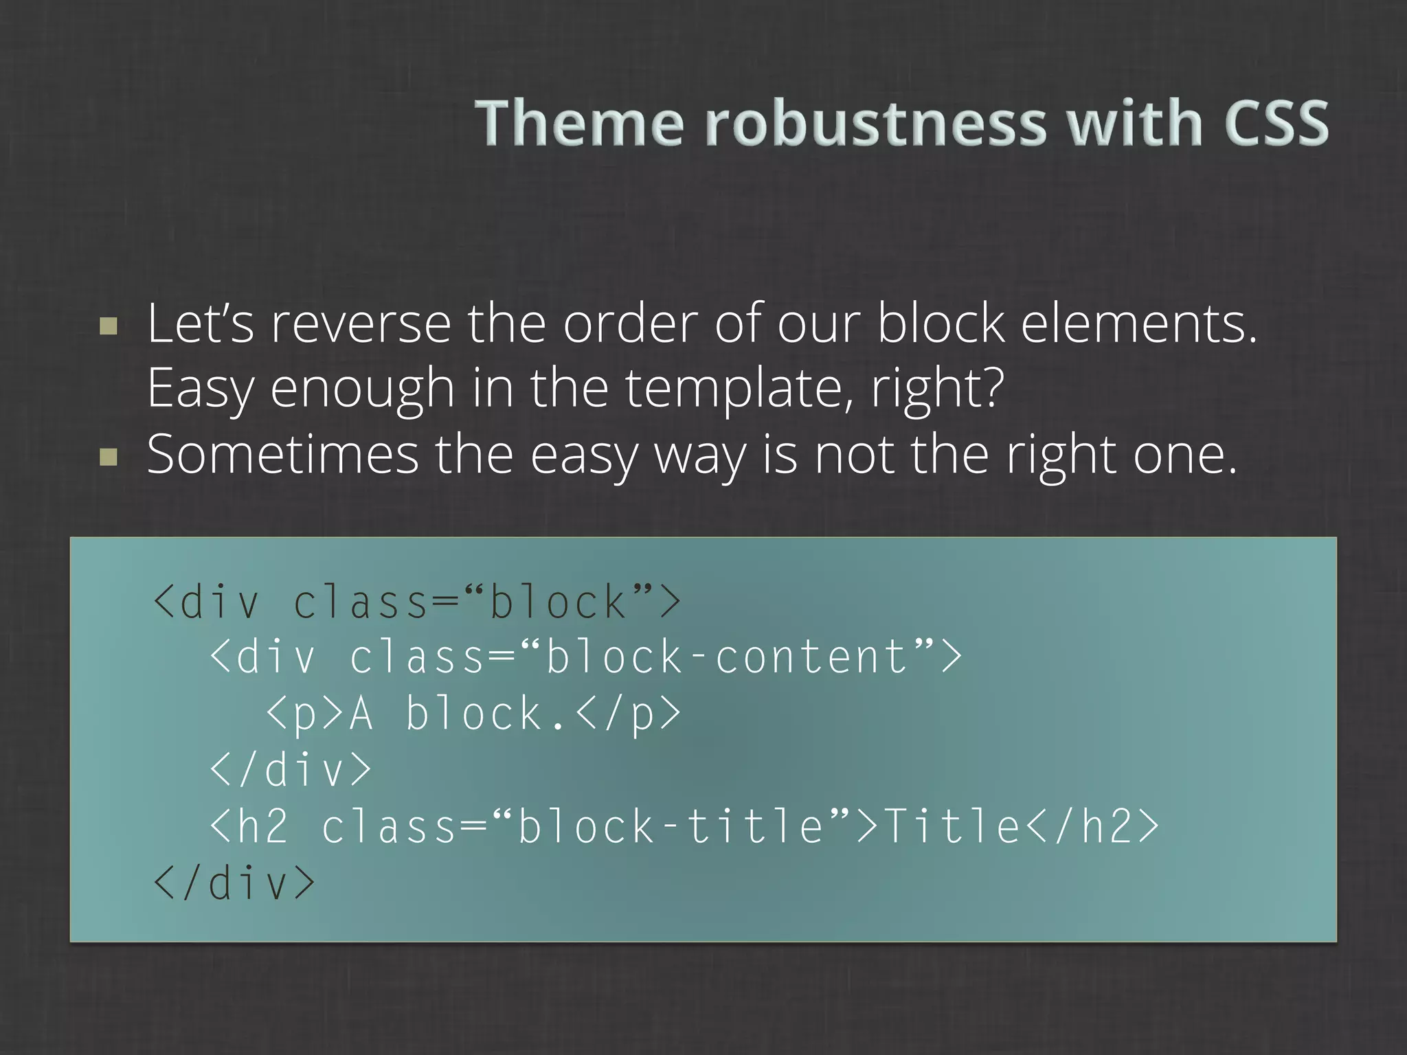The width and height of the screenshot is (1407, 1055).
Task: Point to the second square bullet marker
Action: point(109,457)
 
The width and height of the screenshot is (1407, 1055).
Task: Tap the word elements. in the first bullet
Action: point(1138,324)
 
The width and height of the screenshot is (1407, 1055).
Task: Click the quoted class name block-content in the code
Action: point(728,656)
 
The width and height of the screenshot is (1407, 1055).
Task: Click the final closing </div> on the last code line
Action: point(234,883)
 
